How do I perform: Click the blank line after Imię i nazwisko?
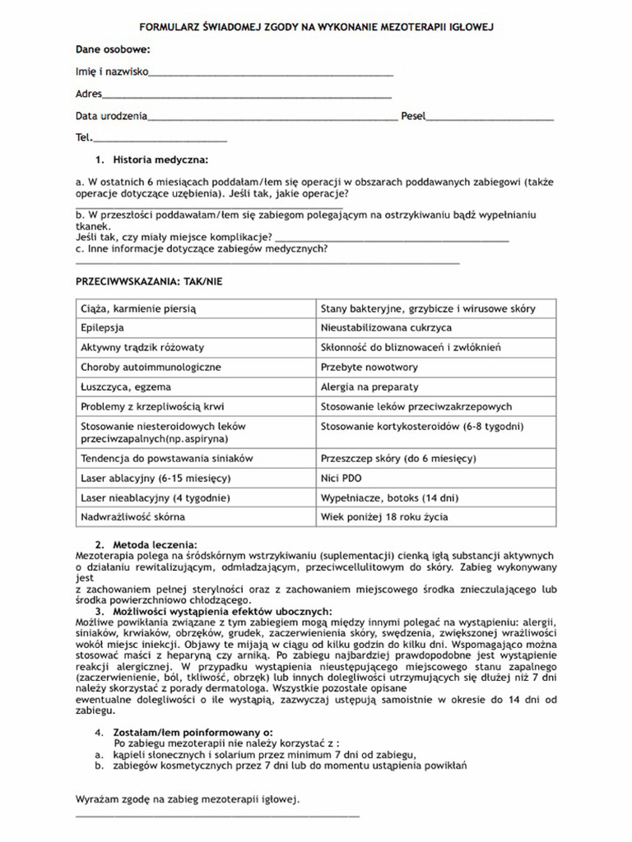(271, 75)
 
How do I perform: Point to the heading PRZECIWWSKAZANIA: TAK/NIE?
(148, 281)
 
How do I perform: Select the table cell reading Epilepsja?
(195, 328)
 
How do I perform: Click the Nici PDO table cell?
(437, 478)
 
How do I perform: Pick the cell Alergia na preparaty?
(437, 386)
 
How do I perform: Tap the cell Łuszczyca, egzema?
(195, 386)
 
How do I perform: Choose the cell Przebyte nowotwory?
(437, 367)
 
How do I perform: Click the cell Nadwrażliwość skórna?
(195, 517)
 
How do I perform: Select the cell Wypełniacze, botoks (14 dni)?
(437, 497)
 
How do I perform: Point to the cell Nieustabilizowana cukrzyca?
(437, 328)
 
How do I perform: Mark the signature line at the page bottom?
(217, 817)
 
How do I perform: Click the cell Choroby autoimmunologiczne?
(195, 367)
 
